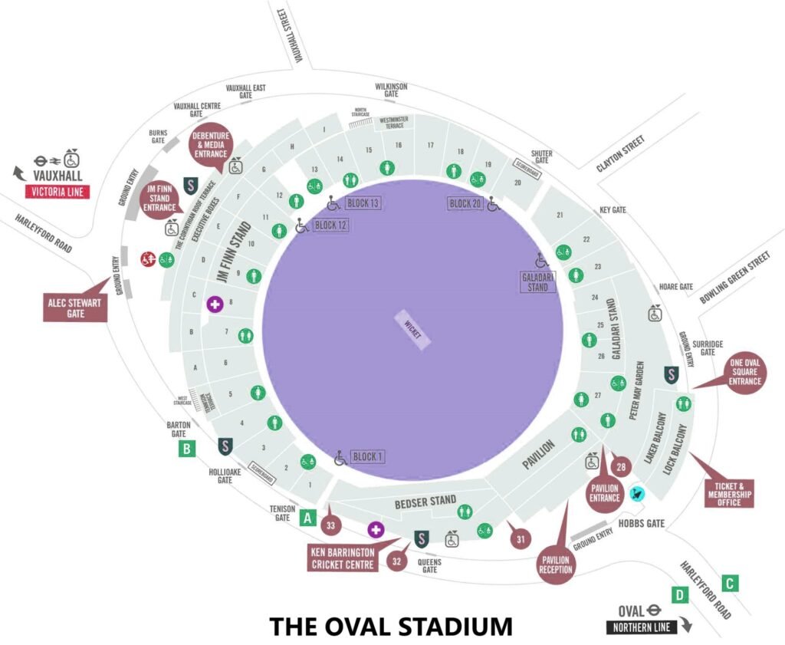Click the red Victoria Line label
pyautogui.click(x=57, y=193)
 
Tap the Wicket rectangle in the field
pyautogui.click(x=412, y=331)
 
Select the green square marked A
pyautogui.click(x=308, y=518)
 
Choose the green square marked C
pyautogui.click(x=731, y=583)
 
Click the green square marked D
pyautogui.click(x=678, y=594)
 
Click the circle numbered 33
pyautogui.click(x=331, y=526)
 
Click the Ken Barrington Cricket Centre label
pyautogui.click(x=343, y=558)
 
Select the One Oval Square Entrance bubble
pyautogui.click(x=744, y=371)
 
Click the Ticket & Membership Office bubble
pyautogui.click(x=729, y=492)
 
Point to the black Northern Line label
pyautogui.click(x=641, y=627)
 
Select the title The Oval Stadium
pyautogui.click(x=391, y=626)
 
